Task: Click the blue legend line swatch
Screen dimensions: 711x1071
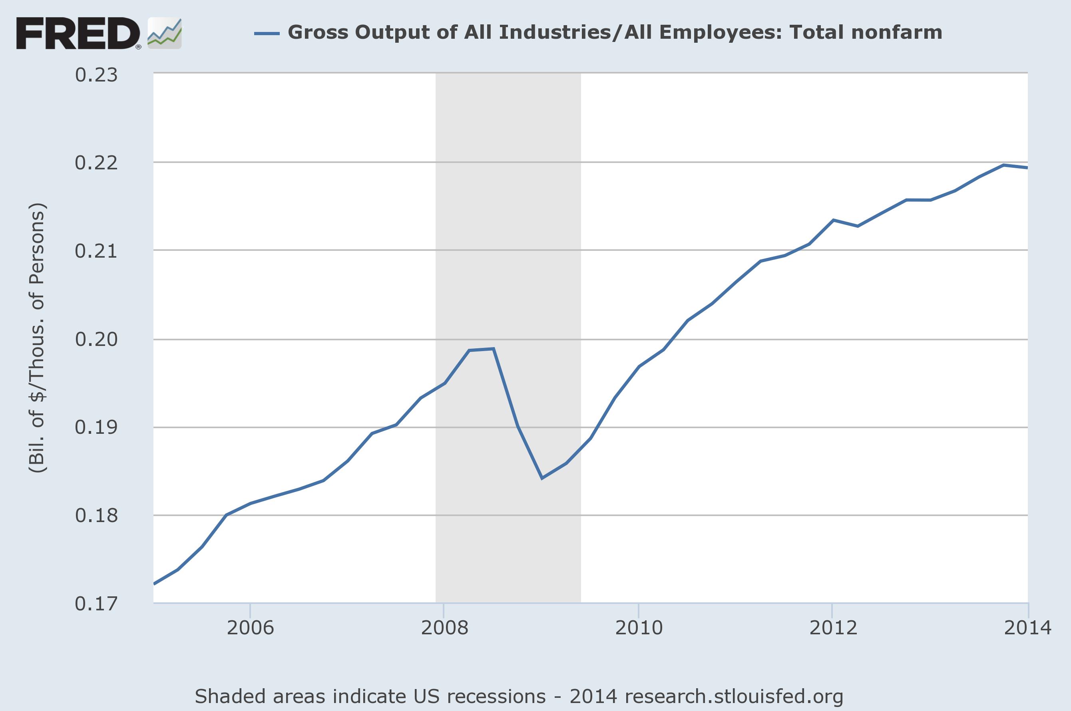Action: point(267,33)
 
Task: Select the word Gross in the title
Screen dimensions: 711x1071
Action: point(318,33)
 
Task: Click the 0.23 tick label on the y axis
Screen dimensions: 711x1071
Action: point(96,75)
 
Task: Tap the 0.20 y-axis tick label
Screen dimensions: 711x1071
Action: point(96,339)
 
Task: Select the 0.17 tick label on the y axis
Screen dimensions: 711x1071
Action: point(96,604)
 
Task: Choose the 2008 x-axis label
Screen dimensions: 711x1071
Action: point(444,628)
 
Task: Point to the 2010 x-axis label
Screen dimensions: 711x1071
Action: point(639,628)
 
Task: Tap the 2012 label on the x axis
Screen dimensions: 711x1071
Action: point(833,628)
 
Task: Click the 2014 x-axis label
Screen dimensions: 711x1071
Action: point(1027,628)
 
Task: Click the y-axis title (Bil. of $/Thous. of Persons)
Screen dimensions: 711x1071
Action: point(37,338)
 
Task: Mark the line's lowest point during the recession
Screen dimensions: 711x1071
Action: point(542,479)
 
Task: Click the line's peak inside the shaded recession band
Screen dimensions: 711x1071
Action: point(493,349)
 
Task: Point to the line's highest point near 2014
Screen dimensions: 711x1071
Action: point(1004,165)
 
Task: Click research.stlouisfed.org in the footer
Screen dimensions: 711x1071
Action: point(729,696)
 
